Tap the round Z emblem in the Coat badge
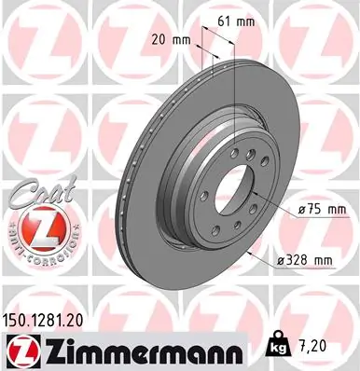coord(36,227)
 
